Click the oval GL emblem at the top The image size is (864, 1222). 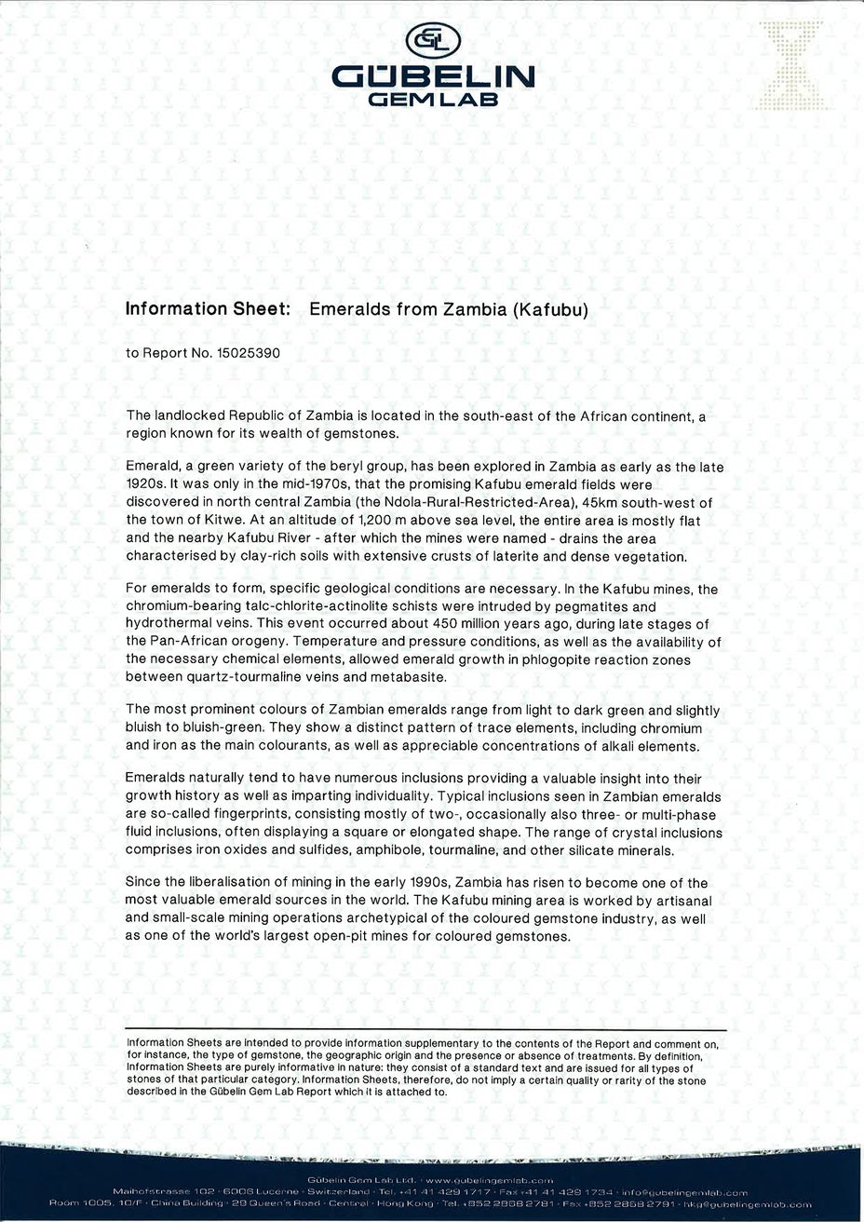pos(433,40)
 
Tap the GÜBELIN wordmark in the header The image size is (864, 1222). pos(433,75)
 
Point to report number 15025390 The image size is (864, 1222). pos(248,354)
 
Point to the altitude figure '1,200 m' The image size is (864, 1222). pos(383,521)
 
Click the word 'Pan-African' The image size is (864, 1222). pos(190,642)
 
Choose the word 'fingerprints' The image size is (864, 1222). pos(262,814)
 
